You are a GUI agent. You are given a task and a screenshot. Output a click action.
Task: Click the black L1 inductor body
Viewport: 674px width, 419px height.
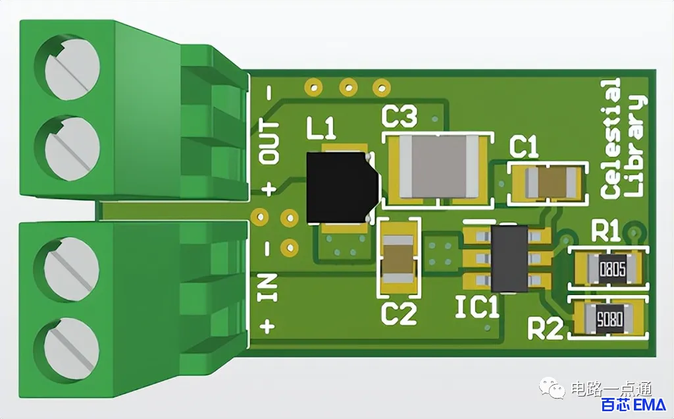tap(342, 188)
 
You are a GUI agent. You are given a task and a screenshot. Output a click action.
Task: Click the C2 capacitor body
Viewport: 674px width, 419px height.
tap(398, 259)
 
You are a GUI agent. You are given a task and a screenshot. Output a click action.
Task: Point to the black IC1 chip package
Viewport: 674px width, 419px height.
tap(509, 258)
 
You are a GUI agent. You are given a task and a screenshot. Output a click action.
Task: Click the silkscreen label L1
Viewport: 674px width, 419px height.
tap(321, 128)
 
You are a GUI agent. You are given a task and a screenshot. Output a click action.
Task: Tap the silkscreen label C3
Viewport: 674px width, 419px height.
tap(399, 117)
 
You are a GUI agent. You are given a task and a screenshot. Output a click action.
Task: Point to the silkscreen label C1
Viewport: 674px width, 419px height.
tap(523, 147)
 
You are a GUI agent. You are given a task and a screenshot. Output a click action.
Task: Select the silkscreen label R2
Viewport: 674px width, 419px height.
tap(545, 329)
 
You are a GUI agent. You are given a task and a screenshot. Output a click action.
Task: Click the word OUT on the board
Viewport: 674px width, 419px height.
tap(270, 142)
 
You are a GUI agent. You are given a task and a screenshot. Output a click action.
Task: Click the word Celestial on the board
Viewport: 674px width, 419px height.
tap(610, 138)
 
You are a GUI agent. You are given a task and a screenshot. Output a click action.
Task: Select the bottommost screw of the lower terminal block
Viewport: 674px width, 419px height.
tap(71, 345)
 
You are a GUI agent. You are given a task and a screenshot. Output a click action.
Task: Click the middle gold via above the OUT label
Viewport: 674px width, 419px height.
tap(348, 88)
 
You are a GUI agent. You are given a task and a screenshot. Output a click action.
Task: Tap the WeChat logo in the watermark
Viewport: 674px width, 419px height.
tap(552, 388)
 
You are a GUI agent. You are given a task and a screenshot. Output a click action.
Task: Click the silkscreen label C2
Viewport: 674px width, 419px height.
tap(399, 314)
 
